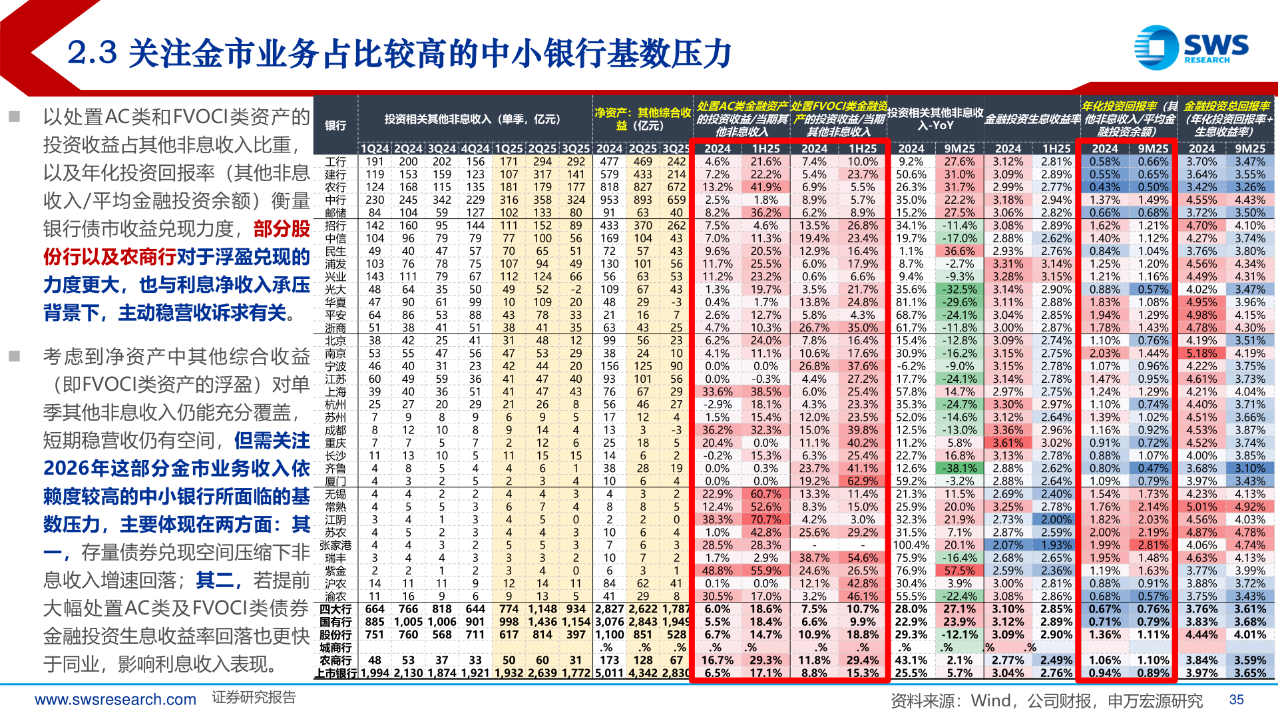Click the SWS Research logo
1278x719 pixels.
click(1191, 47)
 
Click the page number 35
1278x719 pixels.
click(1236, 700)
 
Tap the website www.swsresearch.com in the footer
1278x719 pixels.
click(115, 700)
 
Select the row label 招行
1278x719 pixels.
click(335, 226)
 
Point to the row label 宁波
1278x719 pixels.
click(335, 366)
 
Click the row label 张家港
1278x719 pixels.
click(335, 545)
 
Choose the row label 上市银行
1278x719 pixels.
click(335, 673)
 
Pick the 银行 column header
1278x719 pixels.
click(335, 125)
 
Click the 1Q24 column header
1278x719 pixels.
click(375, 148)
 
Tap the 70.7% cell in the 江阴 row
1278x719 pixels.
click(765, 519)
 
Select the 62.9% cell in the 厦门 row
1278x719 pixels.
click(863, 481)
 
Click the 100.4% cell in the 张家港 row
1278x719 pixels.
click(911, 545)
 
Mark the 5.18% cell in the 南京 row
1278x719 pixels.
click(1201, 354)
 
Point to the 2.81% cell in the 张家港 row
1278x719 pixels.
click(1153, 545)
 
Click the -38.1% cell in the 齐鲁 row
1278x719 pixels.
click(959, 469)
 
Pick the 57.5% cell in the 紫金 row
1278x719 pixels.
click(959, 571)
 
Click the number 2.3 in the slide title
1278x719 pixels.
click(93, 53)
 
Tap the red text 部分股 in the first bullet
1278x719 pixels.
click(282, 229)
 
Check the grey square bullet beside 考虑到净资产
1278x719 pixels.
click(15, 356)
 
